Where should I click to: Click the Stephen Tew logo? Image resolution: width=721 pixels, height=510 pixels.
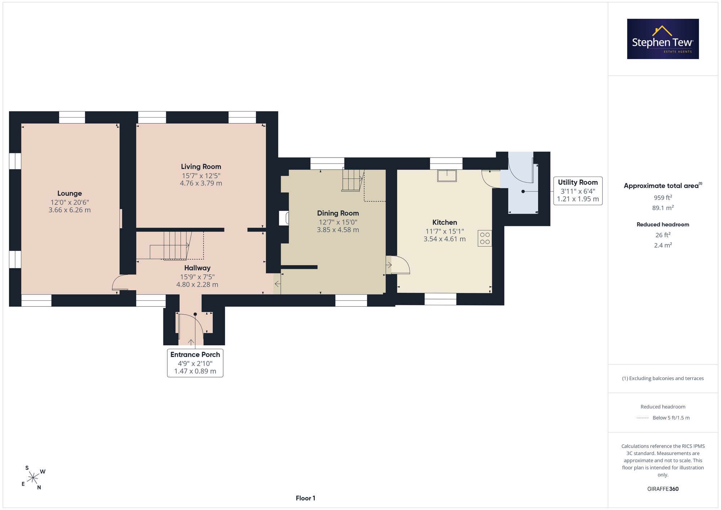click(x=663, y=39)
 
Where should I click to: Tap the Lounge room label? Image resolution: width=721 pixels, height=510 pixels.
click(x=70, y=194)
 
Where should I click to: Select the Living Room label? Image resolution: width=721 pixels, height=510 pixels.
click(x=201, y=167)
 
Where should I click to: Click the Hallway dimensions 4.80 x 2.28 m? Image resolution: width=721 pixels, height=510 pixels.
click(x=197, y=284)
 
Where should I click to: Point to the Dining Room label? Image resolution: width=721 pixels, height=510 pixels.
click(x=338, y=213)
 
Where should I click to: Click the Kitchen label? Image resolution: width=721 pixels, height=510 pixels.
click(x=444, y=222)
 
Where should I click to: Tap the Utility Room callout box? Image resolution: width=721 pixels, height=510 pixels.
click(x=578, y=191)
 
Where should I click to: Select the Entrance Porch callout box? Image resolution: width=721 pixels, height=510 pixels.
click(x=195, y=363)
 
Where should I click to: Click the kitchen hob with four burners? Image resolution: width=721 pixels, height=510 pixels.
click(x=485, y=238)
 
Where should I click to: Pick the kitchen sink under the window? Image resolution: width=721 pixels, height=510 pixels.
click(x=447, y=176)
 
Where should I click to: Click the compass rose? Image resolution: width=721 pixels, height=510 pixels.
click(x=33, y=478)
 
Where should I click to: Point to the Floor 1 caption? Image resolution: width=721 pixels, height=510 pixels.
click(x=305, y=498)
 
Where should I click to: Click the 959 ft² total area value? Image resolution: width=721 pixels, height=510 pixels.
click(x=663, y=198)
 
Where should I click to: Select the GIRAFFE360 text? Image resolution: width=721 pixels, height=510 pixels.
click(x=663, y=489)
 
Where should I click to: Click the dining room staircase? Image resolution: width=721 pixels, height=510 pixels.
click(x=353, y=180)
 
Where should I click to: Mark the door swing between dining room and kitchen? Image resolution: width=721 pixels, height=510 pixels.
click(x=400, y=265)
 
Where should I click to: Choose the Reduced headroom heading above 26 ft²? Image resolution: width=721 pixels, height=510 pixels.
click(x=663, y=225)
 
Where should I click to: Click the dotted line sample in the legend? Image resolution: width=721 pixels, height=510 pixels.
click(x=642, y=418)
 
